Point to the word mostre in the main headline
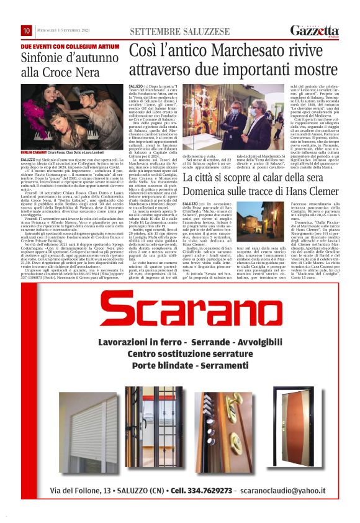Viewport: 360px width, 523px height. point(312,69)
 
